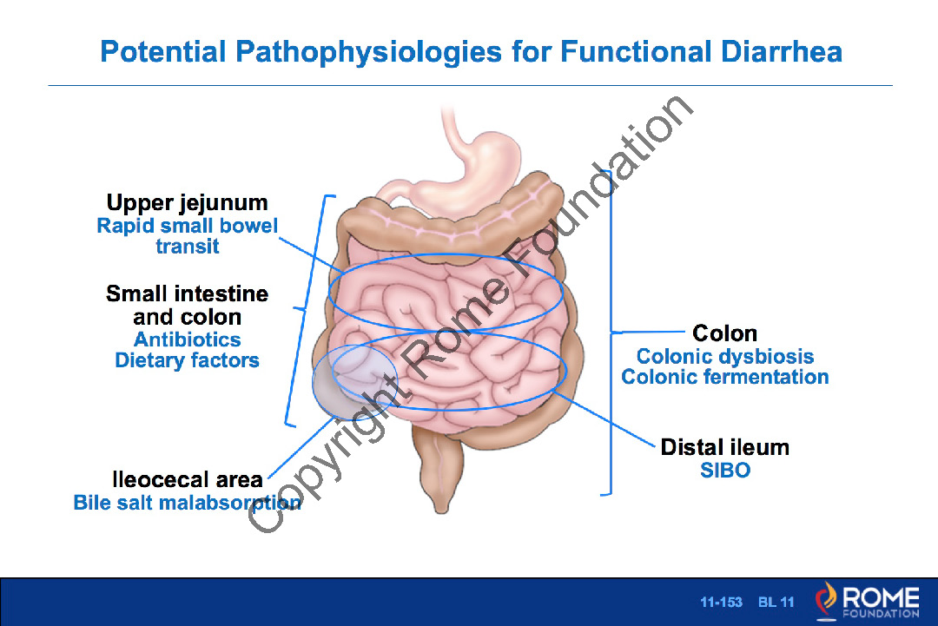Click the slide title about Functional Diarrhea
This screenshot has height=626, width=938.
(x=471, y=51)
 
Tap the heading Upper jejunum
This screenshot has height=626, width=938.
(x=187, y=203)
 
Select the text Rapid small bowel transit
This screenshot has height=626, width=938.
(x=187, y=236)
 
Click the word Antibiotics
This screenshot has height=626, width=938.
(x=187, y=339)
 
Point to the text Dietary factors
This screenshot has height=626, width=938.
(x=187, y=359)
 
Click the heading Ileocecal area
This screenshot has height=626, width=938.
(x=187, y=480)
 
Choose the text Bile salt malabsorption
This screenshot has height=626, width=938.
(x=187, y=502)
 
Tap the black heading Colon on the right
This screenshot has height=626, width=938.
(x=724, y=333)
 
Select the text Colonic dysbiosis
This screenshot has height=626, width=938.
(x=724, y=356)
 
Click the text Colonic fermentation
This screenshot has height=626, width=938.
(x=724, y=377)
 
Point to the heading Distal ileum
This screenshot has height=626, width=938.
(x=724, y=448)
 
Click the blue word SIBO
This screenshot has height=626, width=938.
(x=724, y=471)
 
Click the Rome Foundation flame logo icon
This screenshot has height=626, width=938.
(x=825, y=601)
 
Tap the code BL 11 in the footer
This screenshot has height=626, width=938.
(x=776, y=602)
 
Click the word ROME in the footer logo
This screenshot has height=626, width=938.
(x=880, y=597)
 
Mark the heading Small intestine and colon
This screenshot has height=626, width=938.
(x=187, y=305)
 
